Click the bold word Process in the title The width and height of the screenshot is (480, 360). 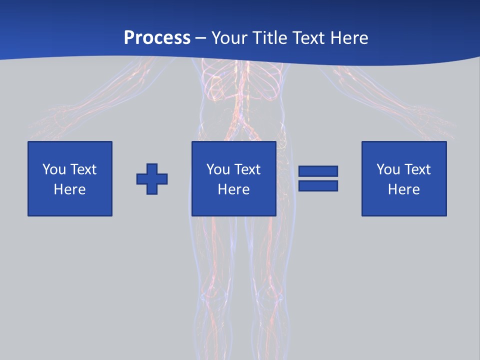[x=157, y=38]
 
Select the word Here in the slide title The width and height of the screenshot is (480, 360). [x=348, y=38]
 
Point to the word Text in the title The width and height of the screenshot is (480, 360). [x=308, y=38]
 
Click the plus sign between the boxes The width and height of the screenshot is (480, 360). [x=152, y=178]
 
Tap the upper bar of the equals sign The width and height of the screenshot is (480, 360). [x=318, y=171]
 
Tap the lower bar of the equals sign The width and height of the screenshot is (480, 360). [x=318, y=185]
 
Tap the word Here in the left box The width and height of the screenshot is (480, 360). [x=70, y=189]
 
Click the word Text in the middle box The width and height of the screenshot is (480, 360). [x=247, y=169]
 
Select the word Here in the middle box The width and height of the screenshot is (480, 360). [x=234, y=189]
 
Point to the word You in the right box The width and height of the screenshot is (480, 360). [x=388, y=169]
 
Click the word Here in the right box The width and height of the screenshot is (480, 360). [x=404, y=189]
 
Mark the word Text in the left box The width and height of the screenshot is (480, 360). [x=83, y=169]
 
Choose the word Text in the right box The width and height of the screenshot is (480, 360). [x=417, y=169]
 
